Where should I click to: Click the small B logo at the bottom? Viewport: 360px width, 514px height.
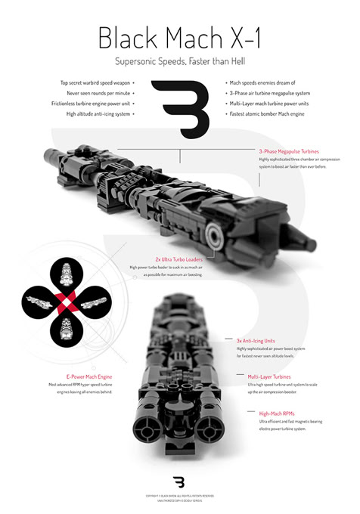(x=179, y=481)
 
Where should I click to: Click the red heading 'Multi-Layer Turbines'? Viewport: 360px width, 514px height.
(x=263, y=376)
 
